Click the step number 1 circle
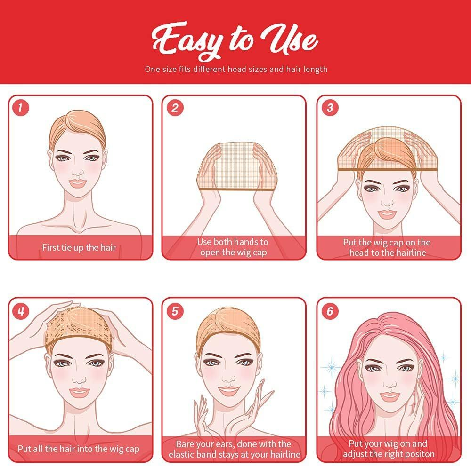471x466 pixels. (20, 108)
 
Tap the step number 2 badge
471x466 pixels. (174, 108)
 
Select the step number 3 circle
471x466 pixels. (329, 108)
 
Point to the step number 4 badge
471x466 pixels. (20, 310)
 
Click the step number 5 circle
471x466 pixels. (174, 310)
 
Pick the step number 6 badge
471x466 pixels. (329, 310)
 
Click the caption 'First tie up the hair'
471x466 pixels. (79, 247)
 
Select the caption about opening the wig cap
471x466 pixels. (233, 247)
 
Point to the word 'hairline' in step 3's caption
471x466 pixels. (408, 253)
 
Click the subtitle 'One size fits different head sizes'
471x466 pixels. (235, 69)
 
